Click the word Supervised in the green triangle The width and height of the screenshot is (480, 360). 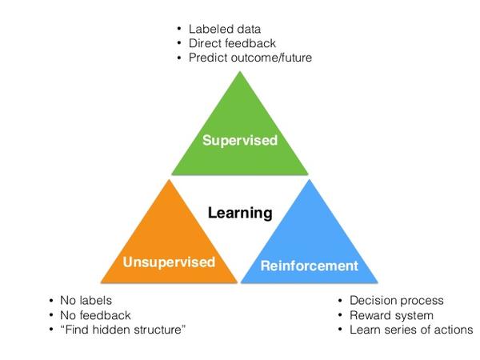pos(240,141)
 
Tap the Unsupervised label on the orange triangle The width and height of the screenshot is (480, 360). pos(169,262)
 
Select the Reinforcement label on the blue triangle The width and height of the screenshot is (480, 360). pos(309,266)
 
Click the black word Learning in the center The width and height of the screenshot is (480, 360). pos(240,213)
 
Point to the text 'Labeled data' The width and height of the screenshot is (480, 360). pos(225,29)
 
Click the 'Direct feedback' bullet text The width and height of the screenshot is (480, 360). pos(232,43)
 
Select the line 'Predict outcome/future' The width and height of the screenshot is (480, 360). pos(250,58)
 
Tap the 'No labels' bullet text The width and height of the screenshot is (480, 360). pos(86,300)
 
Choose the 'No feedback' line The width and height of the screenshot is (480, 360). pos(95,315)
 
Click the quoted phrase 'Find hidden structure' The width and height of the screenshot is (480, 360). pos(123,330)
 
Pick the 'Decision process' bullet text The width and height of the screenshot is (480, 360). pos(397,300)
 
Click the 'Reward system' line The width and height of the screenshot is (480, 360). pos(391,315)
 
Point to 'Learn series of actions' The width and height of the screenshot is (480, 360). pos(411,330)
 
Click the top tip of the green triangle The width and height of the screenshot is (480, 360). pos(240,72)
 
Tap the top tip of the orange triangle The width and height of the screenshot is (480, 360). pos(169,180)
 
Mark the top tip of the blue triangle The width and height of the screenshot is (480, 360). pos(310,180)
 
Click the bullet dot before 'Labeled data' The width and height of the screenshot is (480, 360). pos(179,29)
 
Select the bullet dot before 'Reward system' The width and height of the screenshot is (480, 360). pos(340,314)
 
